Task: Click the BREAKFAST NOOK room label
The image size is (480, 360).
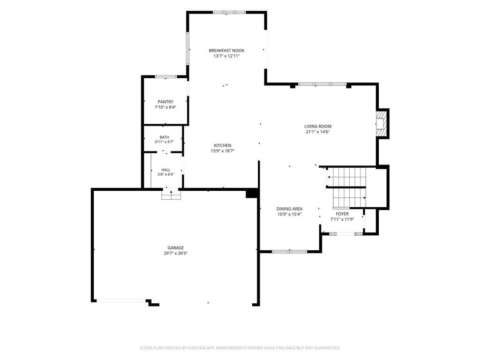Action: point(226,51)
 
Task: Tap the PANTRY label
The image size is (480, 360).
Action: point(165,102)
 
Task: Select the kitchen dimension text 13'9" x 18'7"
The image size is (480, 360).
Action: point(223,151)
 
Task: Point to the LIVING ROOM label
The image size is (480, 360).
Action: point(318,126)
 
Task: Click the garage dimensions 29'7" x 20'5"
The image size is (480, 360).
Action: point(176,253)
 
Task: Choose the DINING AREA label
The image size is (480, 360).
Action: point(290,209)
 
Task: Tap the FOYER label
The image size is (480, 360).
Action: point(342,214)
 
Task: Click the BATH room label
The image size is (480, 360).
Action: point(164,137)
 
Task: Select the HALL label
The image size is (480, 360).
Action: point(166,170)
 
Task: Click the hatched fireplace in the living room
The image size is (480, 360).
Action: point(381,123)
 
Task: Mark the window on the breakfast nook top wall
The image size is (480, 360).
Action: point(229,13)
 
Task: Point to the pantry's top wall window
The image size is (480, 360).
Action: point(166,76)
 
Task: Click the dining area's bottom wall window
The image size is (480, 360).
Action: point(290,252)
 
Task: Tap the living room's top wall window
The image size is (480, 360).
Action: point(322,84)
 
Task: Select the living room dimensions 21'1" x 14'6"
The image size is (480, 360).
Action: point(318,132)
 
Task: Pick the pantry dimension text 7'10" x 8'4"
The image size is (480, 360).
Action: point(165,107)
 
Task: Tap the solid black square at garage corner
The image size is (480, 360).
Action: point(252,194)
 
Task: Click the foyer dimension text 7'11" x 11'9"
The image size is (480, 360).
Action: point(342,219)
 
